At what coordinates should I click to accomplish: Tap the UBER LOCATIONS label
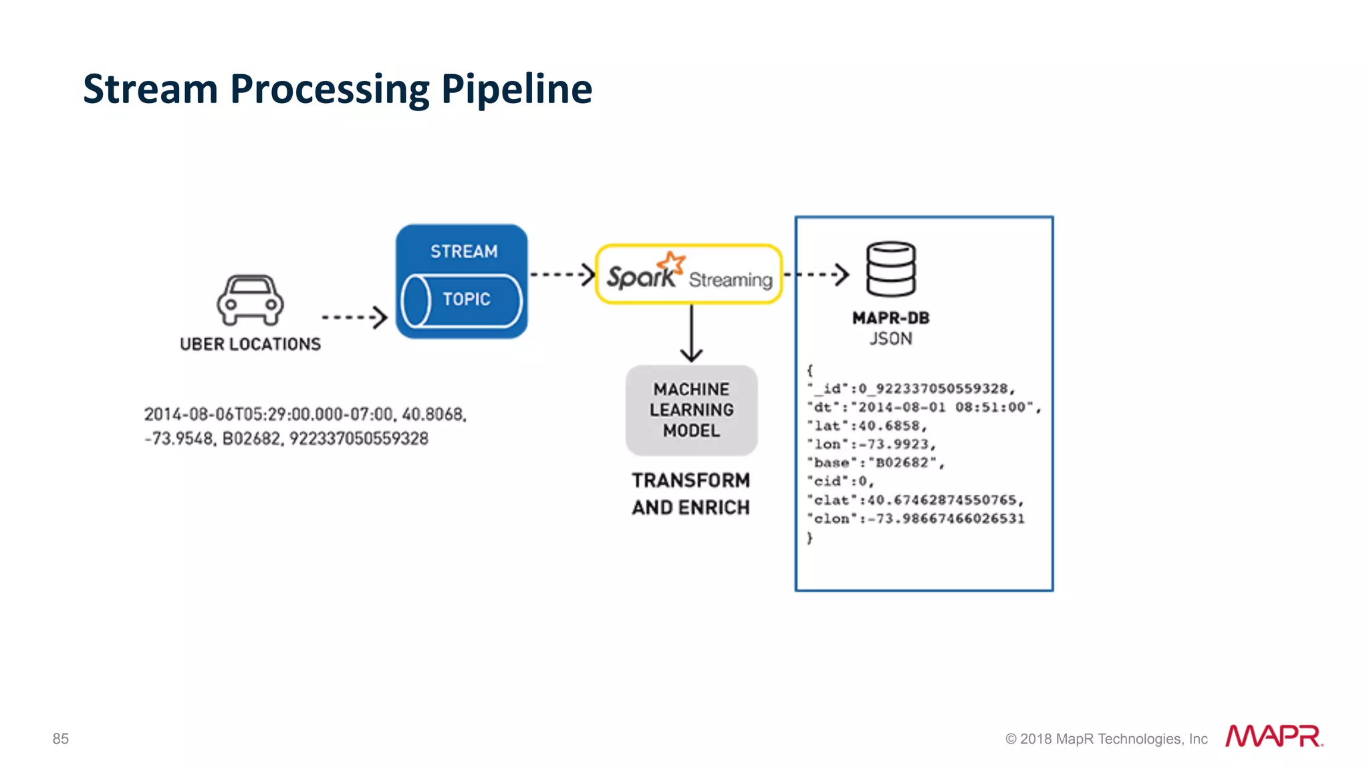coord(250,344)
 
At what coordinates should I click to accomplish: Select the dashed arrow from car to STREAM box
coord(354,317)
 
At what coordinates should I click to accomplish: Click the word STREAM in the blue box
coord(464,251)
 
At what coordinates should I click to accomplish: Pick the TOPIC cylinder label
coord(467,300)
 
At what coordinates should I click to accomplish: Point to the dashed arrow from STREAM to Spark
coord(562,274)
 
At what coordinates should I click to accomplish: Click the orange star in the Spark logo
coord(671,263)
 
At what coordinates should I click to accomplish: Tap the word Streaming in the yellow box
coord(731,280)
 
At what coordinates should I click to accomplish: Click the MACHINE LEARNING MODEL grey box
coord(691,410)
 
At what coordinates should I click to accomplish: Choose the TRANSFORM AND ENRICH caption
coord(691,493)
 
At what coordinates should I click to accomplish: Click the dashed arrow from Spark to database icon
coord(817,274)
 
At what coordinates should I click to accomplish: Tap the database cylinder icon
coord(890,269)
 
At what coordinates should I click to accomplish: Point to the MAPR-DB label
coord(890,318)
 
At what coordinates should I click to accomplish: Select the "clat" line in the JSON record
coord(914,500)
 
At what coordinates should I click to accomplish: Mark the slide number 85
coord(61,738)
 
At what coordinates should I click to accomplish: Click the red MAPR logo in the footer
coord(1273,736)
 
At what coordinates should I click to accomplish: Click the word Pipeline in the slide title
coord(516,89)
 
